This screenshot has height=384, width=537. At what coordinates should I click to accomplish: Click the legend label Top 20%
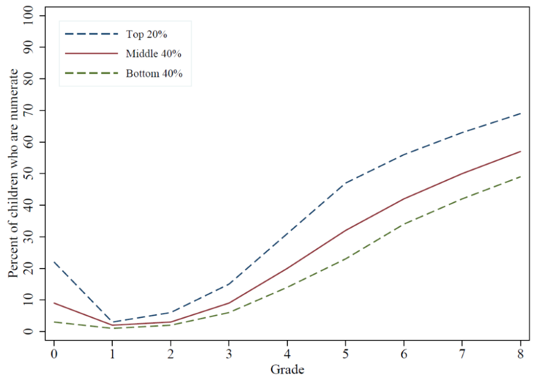pyautogui.click(x=147, y=34)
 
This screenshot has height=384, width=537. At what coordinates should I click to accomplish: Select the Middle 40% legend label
pyautogui.click(x=154, y=54)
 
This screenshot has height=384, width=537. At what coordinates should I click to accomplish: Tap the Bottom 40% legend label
pyautogui.click(x=154, y=74)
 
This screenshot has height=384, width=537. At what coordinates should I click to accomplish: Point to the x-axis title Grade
pyautogui.click(x=287, y=369)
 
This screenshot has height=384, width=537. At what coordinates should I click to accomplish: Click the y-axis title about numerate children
pyautogui.click(x=13, y=173)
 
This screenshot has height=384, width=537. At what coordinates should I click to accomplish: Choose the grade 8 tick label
pyautogui.click(x=520, y=354)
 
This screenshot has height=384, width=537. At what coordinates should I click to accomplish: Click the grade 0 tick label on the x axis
pyautogui.click(x=54, y=354)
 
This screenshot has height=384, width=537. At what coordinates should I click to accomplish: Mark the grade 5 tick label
pyautogui.click(x=345, y=354)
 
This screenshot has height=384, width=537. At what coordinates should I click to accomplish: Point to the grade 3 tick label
pyautogui.click(x=229, y=354)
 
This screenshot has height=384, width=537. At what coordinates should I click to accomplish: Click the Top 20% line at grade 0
pyautogui.click(x=54, y=262)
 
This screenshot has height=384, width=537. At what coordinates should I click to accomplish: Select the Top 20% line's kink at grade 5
pyautogui.click(x=345, y=183)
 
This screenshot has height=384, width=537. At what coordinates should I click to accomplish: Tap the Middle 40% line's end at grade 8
pyautogui.click(x=520, y=151)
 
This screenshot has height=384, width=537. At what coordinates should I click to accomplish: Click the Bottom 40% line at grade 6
pyautogui.click(x=403, y=224)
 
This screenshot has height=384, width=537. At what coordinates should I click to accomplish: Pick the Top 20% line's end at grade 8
pyautogui.click(x=520, y=114)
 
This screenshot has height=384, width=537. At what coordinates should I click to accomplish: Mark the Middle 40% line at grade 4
pyautogui.click(x=287, y=269)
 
